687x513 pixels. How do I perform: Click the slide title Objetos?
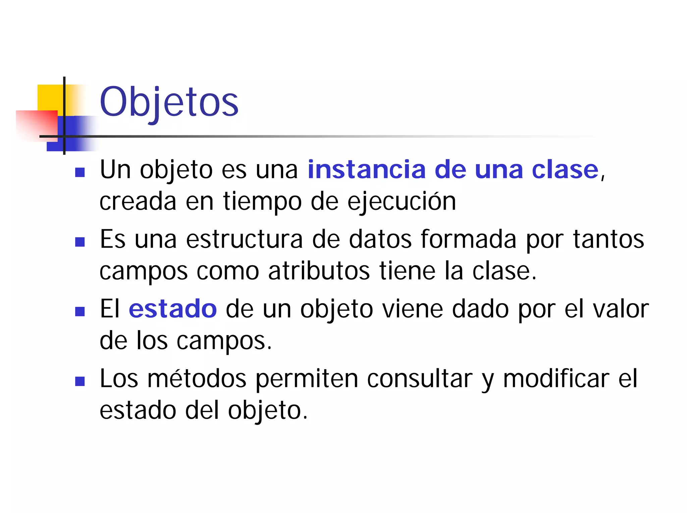coord(169,101)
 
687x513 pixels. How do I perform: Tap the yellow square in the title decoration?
coord(50,97)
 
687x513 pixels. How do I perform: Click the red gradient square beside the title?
coord(37,124)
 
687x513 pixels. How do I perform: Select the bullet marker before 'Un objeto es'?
coord(80,172)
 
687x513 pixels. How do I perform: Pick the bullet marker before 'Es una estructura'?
coord(80,242)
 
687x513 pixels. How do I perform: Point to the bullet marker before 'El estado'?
coord(80,311)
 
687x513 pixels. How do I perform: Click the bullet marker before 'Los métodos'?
coord(80,381)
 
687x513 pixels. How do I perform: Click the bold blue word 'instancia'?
coord(367,170)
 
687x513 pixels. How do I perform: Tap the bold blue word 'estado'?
coord(173,309)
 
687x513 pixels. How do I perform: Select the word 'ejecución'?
coord(402,202)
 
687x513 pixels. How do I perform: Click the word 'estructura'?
coord(245,239)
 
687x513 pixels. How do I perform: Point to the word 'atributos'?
coord(319,271)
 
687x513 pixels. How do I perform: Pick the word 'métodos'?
coord(197,379)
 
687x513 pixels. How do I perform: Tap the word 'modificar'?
coord(556,379)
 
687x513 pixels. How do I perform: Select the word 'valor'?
coord(621,309)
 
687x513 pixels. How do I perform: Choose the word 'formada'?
coord(469,239)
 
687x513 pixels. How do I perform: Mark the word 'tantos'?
coord(609,239)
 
